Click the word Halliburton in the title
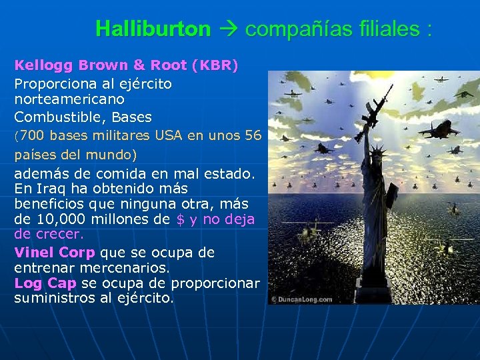[x=153, y=29]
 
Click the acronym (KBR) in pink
[x=215, y=66]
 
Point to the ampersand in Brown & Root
[x=138, y=66]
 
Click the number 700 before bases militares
[x=33, y=136]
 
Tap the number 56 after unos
[x=253, y=136]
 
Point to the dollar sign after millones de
[x=181, y=220]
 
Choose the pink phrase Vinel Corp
[x=55, y=253]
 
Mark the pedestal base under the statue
[x=379, y=280]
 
